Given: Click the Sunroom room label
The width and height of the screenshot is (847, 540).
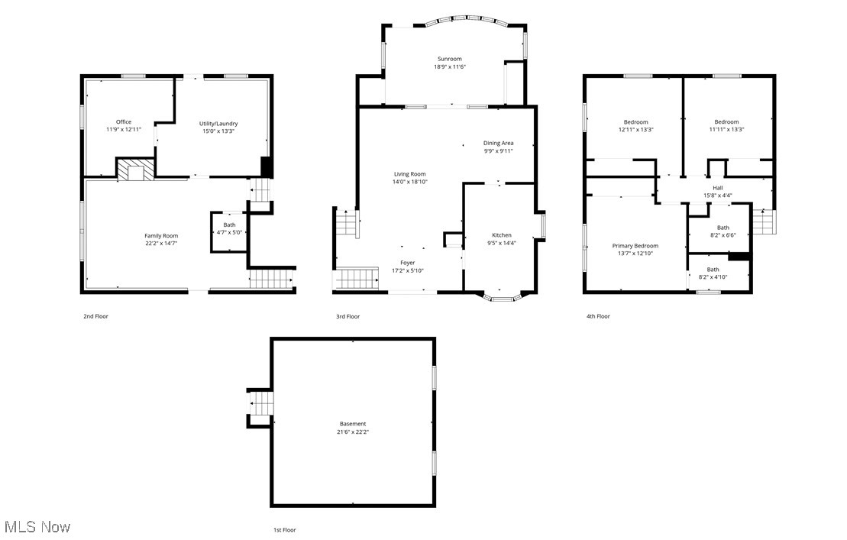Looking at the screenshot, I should (x=449, y=59).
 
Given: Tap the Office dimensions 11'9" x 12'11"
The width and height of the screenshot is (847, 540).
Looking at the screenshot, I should (x=124, y=130).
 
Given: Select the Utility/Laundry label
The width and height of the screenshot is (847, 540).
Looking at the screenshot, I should (x=219, y=123).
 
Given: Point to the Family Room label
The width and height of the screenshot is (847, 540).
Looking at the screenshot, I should (x=161, y=235).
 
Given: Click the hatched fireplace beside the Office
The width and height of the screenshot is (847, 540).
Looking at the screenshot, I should (x=135, y=170).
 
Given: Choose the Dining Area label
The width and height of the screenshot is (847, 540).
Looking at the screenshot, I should (x=498, y=143).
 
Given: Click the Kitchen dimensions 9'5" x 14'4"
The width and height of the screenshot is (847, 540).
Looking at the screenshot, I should (x=502, y=243).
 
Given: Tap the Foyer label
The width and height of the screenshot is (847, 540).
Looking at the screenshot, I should (x=408, y=263).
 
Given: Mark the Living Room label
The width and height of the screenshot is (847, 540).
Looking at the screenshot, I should (x=409, y=174).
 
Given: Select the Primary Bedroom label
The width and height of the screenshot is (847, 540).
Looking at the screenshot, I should (x=635, y=246).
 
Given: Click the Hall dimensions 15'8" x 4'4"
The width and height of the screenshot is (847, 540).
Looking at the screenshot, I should (x=717, y=196).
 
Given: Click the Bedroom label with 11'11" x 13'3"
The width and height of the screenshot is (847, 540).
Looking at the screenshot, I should (x=726, y=122).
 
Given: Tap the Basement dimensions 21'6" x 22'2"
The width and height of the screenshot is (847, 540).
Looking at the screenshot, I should (x=353, y=432).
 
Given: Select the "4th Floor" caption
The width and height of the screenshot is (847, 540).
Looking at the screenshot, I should (x=598, y=316).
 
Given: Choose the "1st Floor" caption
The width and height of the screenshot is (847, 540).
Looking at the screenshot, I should (x=284, y=529).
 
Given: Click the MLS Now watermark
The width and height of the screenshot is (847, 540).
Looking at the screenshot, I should (x=37, y=527).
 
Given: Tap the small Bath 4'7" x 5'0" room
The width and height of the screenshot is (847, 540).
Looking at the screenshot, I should (x=229, y=229).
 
